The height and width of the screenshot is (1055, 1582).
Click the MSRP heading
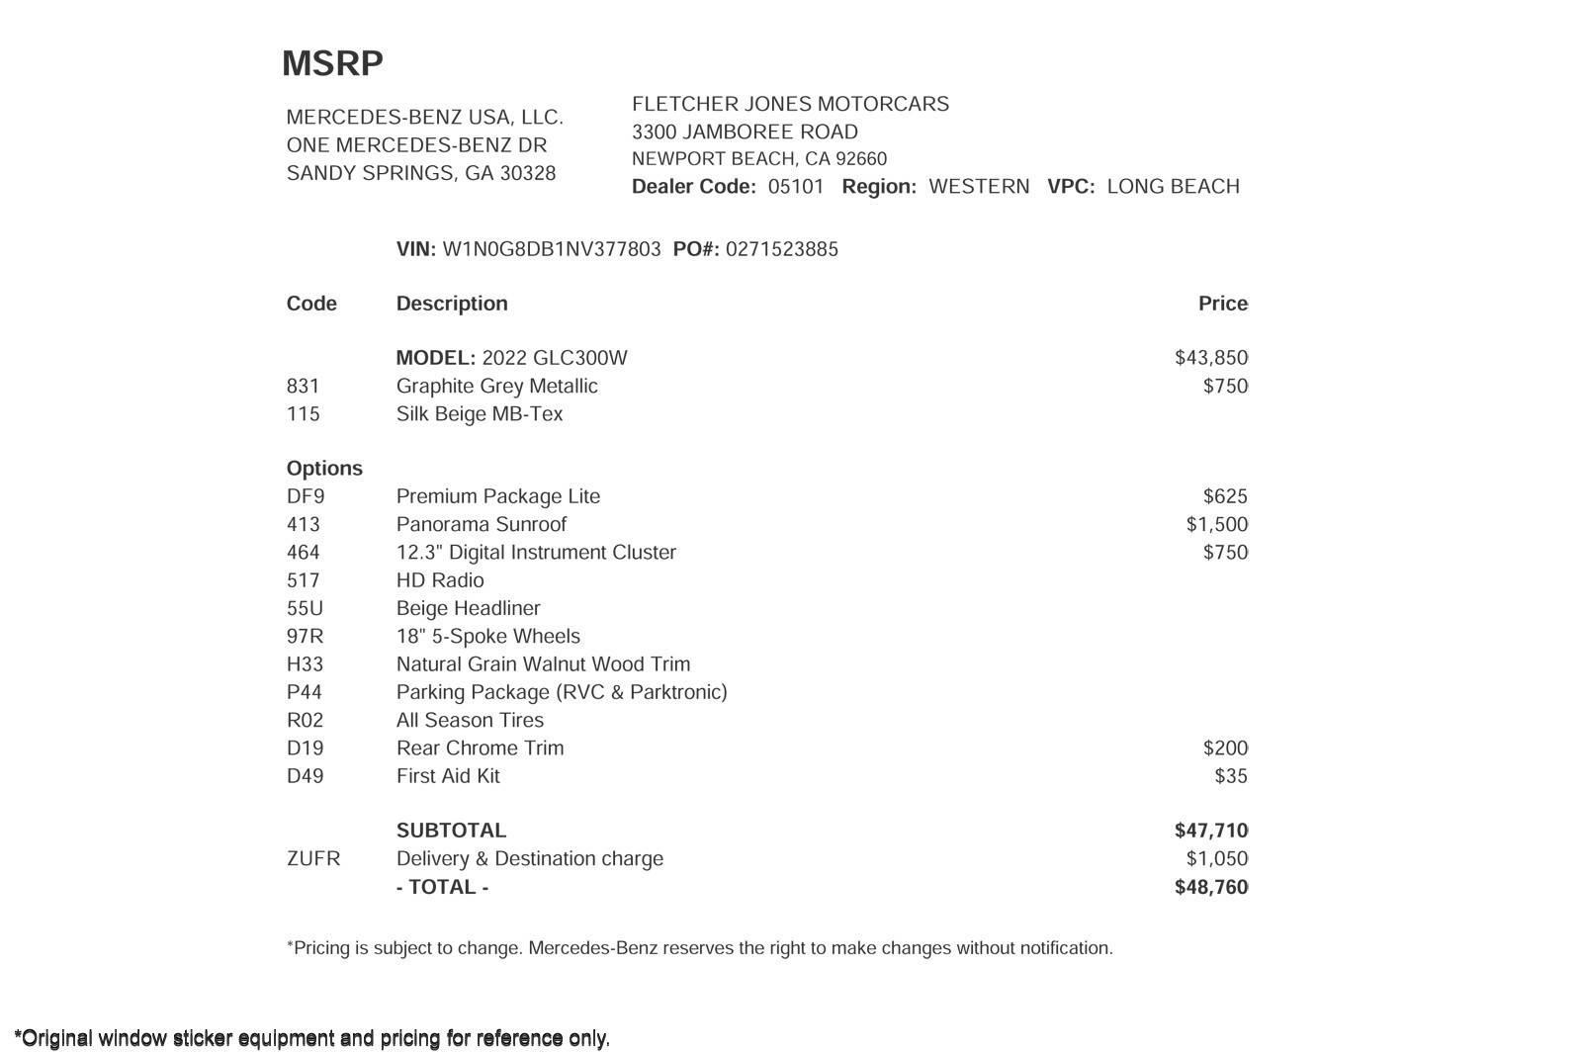click(332, 63)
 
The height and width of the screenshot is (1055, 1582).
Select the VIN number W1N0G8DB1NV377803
click(551, 249)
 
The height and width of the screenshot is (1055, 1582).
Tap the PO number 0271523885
click(781, 249)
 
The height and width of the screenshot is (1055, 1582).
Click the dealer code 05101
click(796, 187)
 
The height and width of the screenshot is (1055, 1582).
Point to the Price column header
click(1223, 304)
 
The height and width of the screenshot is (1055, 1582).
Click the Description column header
click(452, 304)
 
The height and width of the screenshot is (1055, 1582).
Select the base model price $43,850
click(1210, 358)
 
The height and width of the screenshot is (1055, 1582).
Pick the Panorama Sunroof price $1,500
click(1216, 524)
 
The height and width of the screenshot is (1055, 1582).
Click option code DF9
click(306, 496)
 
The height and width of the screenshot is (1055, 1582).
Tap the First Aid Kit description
click(448, 776)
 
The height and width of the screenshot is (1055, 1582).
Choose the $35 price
click(1231, 776)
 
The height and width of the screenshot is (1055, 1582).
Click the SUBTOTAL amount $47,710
click(1210, 831)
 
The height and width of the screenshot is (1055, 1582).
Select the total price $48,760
click(1210, 887)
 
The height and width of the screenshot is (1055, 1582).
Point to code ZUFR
click(313, 858)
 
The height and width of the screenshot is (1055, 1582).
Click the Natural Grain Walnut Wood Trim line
click(543, 664)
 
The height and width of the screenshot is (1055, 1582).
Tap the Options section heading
click(324, 469)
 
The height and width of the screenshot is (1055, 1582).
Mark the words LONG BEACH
click(1173, 187)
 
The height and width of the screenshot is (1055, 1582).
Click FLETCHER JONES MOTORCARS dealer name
click(790, 104)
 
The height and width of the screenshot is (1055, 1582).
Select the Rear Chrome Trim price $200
click(1225, 748)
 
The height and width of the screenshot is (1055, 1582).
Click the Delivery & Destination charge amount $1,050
click(1216, 858)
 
